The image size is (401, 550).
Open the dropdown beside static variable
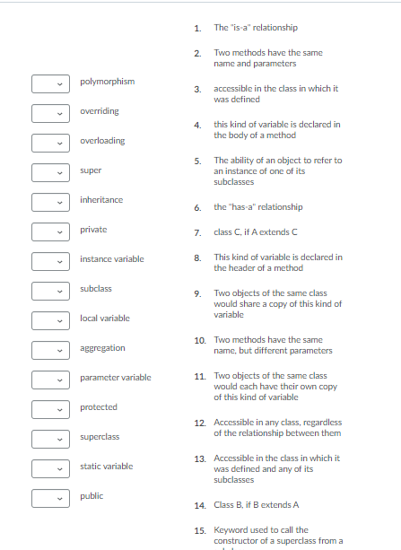coord(51,469)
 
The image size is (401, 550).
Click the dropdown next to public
coord(51,499)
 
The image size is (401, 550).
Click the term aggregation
coord(102,348)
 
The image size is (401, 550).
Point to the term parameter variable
coord(115,378)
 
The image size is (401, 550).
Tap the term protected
coord(99,407)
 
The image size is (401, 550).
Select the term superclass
coord(100,437)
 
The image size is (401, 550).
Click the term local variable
coord(105,319)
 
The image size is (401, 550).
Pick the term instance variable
coord(111,259)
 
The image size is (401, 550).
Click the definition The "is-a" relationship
coord(255,28)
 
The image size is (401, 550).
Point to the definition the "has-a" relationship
coord(257,207)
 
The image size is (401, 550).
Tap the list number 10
coord(200,340)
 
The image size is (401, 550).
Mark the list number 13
coord(200,458)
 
